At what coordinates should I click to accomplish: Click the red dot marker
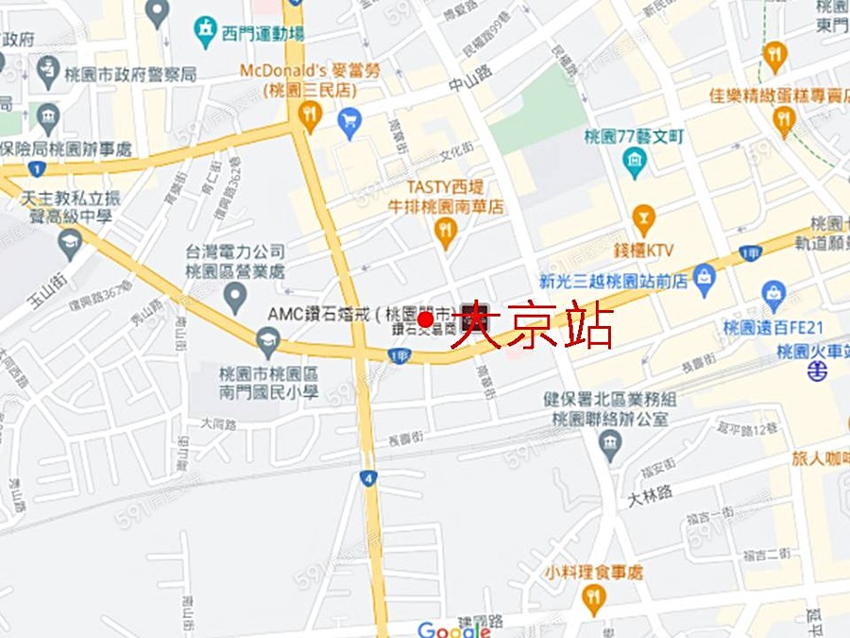(425, 320)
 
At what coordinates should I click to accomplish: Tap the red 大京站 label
(533, 326)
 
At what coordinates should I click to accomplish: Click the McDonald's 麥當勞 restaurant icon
(310, 116)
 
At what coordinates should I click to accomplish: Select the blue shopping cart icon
(349, 120)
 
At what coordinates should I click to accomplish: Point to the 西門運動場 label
(263, 34)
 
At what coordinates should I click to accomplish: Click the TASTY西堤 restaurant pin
(444, 230)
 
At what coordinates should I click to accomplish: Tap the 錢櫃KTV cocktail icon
(643, 219)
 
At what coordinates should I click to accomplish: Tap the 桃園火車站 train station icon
(817, 371)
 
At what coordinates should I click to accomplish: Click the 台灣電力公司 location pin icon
(235, 298)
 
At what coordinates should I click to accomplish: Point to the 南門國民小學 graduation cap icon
(269, 338)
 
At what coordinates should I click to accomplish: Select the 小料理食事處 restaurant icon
(592, 596)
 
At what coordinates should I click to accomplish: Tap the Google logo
(453, 629)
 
